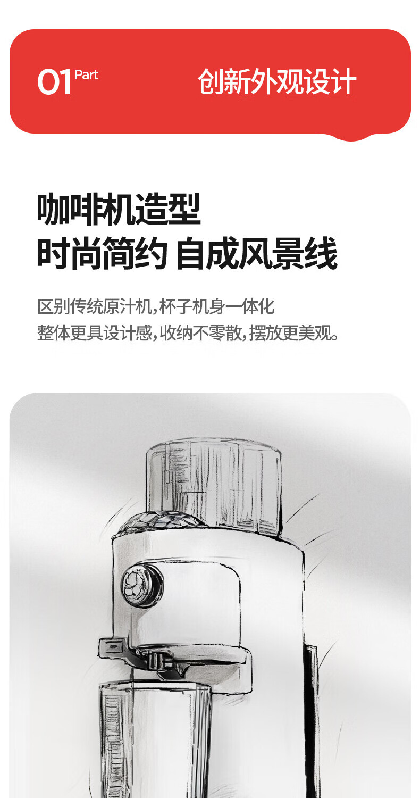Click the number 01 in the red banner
pos(54,82)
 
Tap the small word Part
pos(87,75)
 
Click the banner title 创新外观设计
pos(277,81)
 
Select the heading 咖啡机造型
pos(119,209)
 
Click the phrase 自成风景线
pos(257,253)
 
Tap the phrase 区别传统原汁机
pos(95,307)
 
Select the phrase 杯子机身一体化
pos(217,307)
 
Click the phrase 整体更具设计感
pos(95,333)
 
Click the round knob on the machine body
pos(142,584)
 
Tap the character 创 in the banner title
pos(211,81)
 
